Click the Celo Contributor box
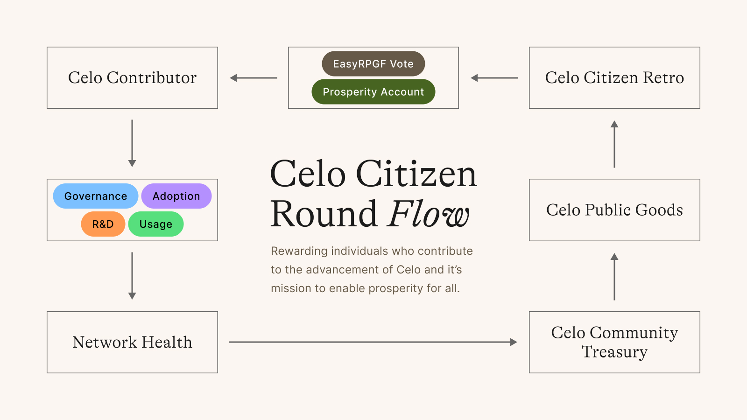coord(133,77)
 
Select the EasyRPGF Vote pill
coord(373,63)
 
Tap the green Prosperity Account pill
coord(373,91)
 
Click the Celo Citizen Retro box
coord(614,77)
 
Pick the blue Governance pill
coord(95,196)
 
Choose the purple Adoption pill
coord(176,196)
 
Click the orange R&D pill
coord(103,224)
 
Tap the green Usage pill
coord(156,224)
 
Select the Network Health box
coord(133,343)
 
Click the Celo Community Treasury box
coord(614,343)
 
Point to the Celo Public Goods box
coord(614,210)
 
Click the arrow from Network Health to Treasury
coord(373,342)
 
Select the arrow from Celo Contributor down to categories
coord(132,143)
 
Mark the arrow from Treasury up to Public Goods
coord(614,277)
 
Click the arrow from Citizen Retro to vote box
coord(494,78)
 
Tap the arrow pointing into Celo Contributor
coord(254,78)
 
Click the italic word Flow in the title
coord(428,213)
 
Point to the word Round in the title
coord(324,214)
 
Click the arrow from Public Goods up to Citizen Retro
coord(614,144)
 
